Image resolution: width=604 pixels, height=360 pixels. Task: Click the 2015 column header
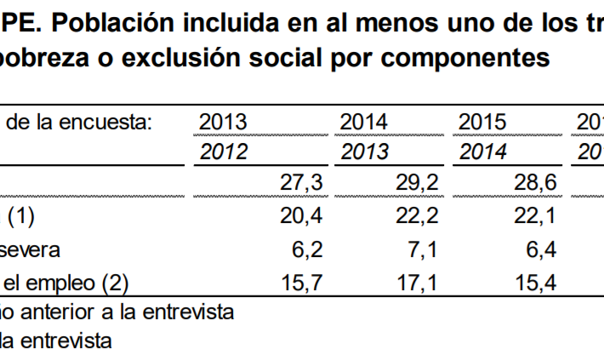pyautogui.click(x=482, y=123)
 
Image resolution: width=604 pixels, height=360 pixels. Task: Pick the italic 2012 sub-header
pyautogui.click(x=223, y=152)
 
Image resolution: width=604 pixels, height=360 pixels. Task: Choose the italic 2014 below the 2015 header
pyautogui.click(x=482, y=152)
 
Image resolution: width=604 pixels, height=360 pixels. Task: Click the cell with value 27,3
pyautogui.click(x=301, y=183)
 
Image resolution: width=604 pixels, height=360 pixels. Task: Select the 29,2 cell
pyautogui.click(x=417, y=183)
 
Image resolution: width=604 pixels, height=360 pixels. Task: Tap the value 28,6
pyautogui.click(x=535, y=183)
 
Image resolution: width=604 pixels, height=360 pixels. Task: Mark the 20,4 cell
pyautogui.click(x=301, y=217)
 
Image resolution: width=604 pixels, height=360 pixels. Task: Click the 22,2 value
pyautogui.click(x=417, y=217)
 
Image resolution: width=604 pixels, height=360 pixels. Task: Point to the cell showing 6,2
pyautogui.click(x=307, y=249)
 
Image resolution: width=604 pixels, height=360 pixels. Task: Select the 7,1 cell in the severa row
pyautogui.click(x=423, y=249)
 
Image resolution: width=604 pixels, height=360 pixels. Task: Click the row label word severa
pyautogui.click(x=30, y=249)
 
